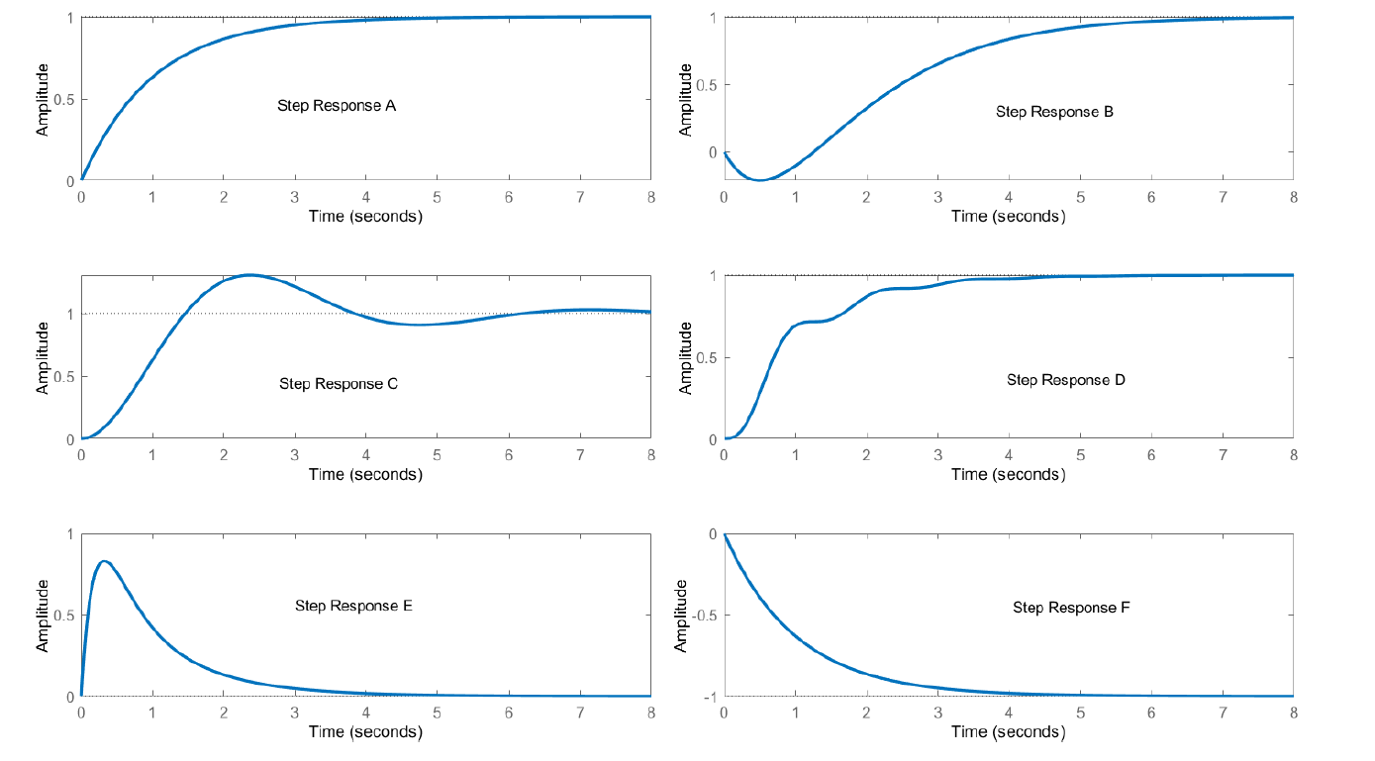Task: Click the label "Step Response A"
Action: pos(337,105)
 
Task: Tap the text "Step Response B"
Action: pos(1054,112)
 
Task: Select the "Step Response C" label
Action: pos(339,384)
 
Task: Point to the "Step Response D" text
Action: pos(1066,380)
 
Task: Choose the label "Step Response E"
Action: pos(353,606)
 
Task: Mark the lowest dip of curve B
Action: pos(759,180)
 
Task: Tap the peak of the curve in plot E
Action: pos(104,561)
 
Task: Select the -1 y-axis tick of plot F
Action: pos(710,697)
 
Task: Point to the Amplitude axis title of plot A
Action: pos(43,100)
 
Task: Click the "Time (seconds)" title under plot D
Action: pos(1009,474)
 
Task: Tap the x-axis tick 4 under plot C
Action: pos(366,455)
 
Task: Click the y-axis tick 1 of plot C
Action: pos(68,314)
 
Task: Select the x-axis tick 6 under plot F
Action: pos(1151,713)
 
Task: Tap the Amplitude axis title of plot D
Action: pos(685,357)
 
